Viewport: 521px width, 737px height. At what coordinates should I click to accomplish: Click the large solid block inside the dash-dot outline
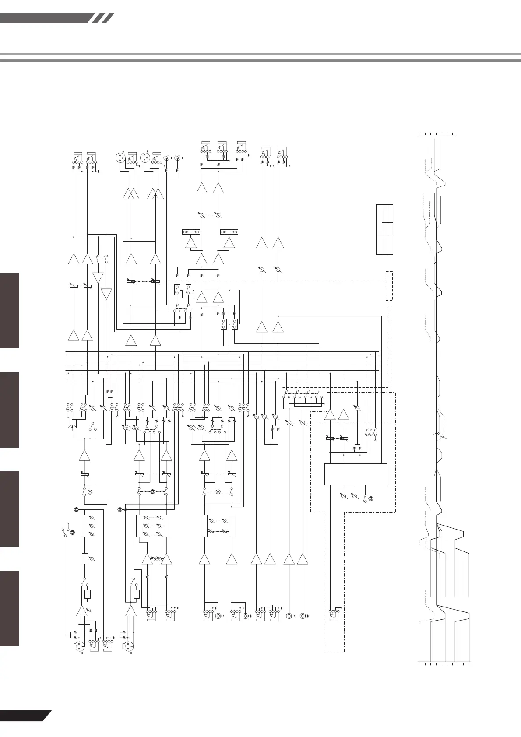point(356,474)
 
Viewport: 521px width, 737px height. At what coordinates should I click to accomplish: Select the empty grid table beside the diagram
point(384,229)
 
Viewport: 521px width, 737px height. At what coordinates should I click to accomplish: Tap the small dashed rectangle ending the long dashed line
point(389,286)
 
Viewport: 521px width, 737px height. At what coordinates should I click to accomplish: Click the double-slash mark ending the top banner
point(104,18)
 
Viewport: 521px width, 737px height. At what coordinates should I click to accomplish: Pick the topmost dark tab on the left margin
point(10,311)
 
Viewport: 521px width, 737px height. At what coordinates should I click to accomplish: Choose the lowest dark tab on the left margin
point(10,608)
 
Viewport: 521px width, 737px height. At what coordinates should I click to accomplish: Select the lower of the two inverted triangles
point(106,293)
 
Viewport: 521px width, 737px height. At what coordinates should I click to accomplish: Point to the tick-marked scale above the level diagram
point(437,134)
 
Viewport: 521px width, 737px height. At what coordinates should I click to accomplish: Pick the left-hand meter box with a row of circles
point(191,231)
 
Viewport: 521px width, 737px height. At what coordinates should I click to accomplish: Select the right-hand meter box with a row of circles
point(229,231)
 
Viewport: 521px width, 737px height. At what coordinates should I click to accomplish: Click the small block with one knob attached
point(85,558)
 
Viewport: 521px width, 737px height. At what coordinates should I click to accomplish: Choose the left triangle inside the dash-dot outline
point(330,414)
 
